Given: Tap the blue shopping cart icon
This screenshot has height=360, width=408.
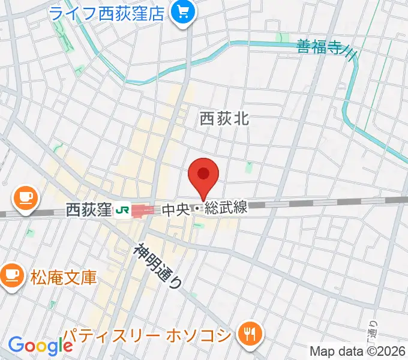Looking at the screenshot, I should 179,12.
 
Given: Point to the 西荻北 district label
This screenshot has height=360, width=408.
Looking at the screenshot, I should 224,119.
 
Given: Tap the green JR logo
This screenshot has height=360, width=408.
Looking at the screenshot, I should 123,210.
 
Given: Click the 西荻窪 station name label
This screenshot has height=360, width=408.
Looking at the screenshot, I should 88,210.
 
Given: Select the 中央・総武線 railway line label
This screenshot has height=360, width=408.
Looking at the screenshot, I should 204,209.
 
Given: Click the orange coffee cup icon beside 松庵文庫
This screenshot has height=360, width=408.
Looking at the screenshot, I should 10,275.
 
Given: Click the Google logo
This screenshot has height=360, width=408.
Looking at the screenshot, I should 40,346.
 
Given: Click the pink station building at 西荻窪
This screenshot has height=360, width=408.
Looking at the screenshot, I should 143,211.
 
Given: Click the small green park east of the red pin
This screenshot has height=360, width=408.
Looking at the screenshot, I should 249,167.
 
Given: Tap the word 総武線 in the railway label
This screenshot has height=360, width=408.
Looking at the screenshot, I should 226,209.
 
